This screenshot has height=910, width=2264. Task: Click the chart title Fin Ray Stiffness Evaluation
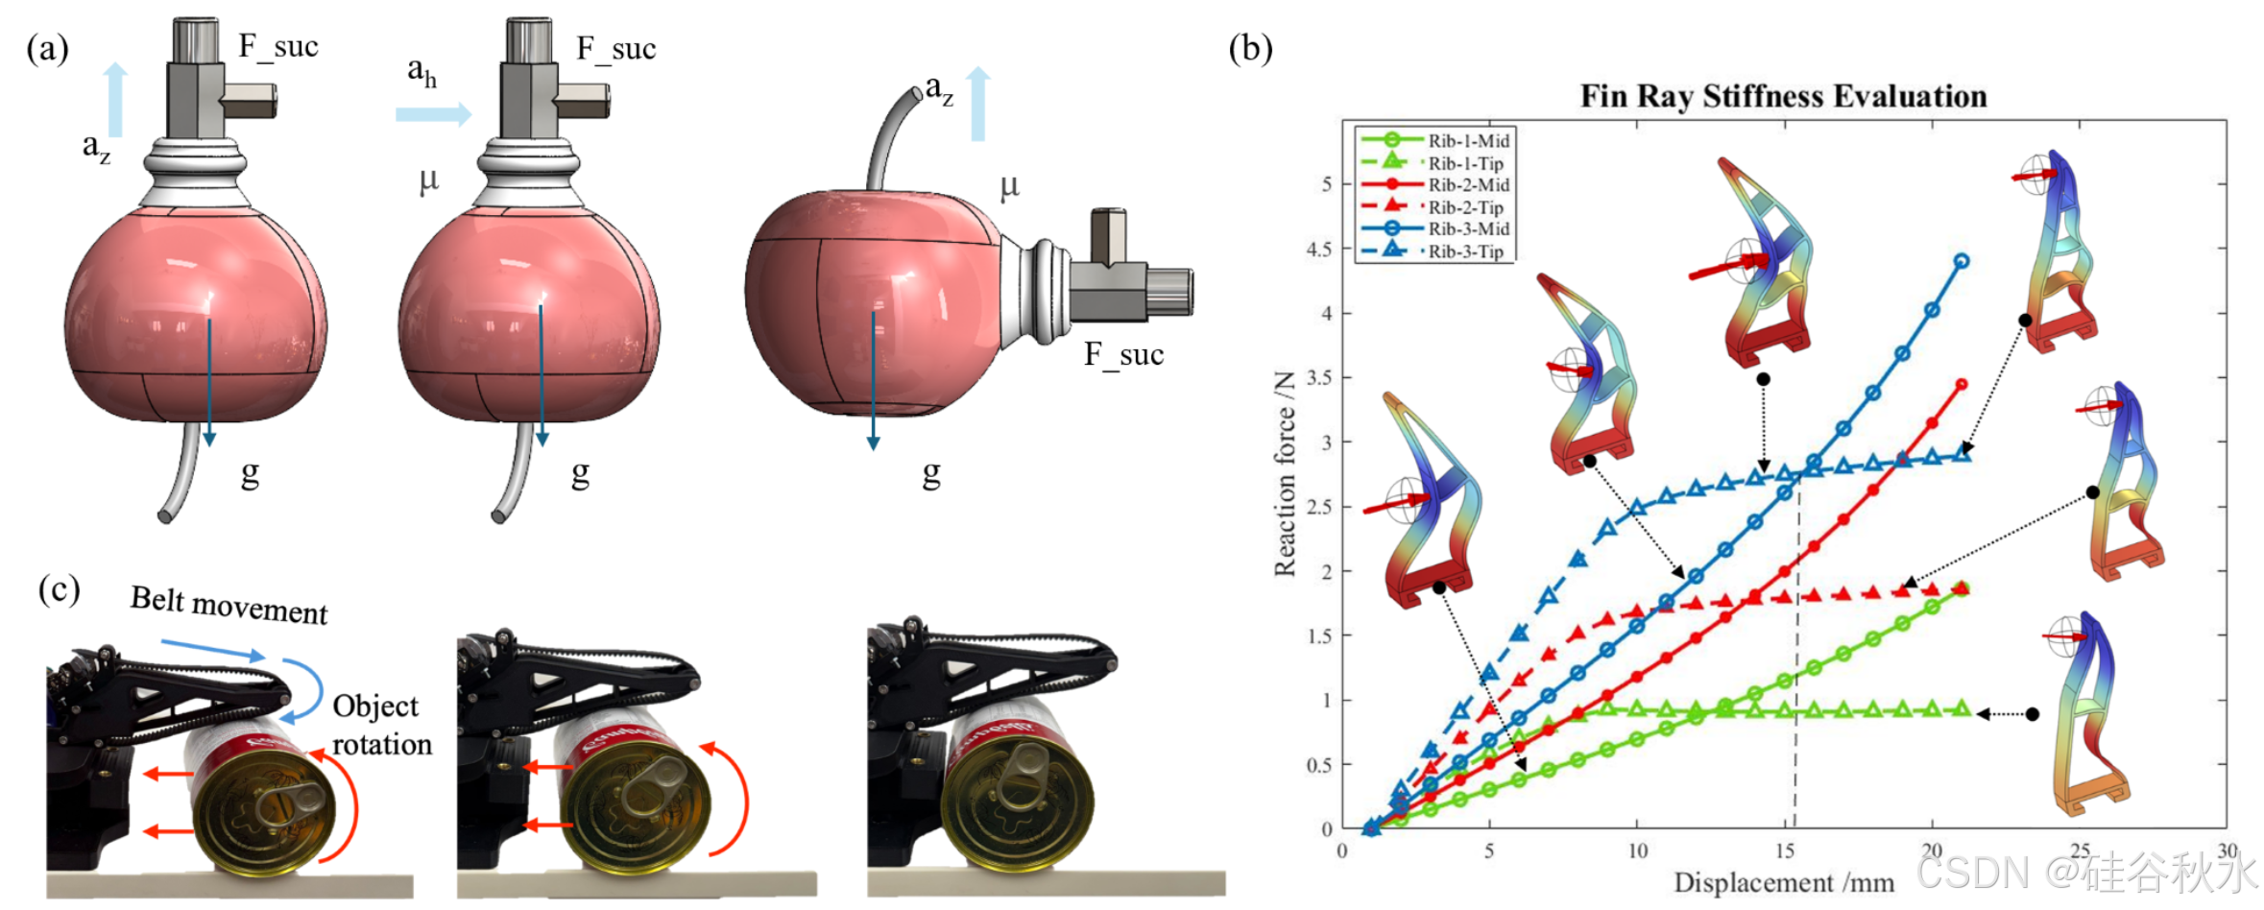1783,96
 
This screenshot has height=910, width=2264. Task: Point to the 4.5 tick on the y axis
1319,249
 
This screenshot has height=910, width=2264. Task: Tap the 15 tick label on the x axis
1784,850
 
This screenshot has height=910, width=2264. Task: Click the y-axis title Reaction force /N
1284,473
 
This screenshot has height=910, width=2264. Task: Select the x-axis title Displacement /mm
1783,883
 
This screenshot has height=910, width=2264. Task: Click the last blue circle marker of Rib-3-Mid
1962,261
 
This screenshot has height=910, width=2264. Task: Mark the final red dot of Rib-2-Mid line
1962,384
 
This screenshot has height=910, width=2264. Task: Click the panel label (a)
48,47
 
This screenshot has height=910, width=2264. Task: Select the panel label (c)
59,588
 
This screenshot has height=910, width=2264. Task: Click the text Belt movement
229,605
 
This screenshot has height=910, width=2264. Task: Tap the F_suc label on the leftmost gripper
278,46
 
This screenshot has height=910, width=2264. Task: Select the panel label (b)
1250,47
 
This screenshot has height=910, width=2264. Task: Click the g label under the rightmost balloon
930,473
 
